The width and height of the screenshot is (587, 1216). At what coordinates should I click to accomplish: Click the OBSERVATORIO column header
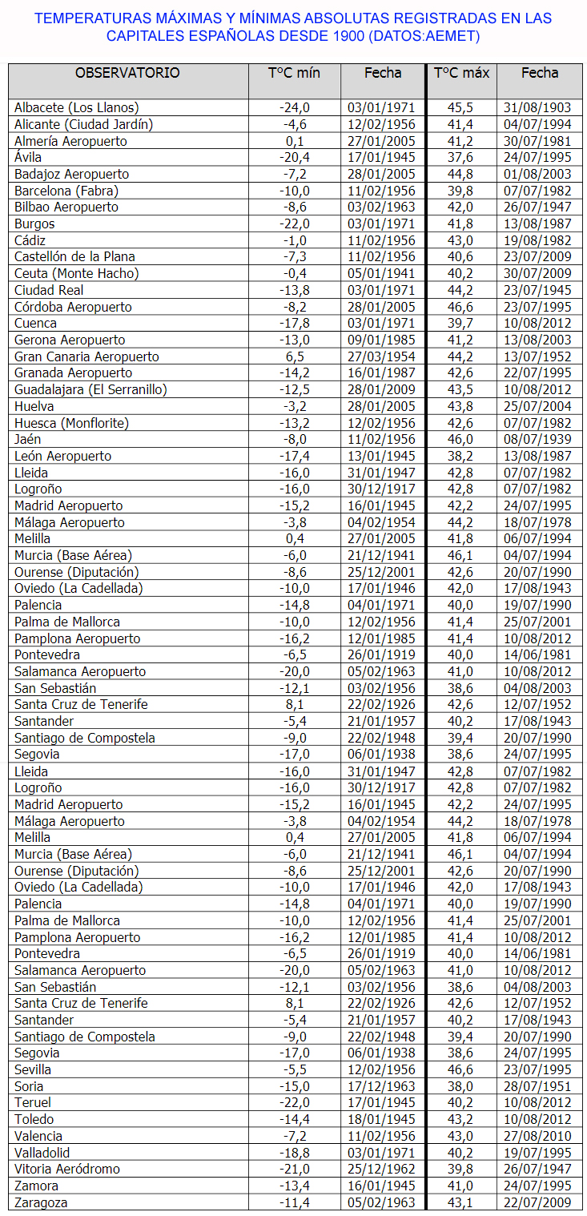[x=127, y=73]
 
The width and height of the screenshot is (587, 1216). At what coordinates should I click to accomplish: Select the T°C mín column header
[x=294, y=73]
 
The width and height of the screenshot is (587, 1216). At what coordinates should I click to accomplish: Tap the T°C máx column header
[x=461, y=73]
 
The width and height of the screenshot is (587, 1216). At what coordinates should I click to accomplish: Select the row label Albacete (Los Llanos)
[x=77, y=107]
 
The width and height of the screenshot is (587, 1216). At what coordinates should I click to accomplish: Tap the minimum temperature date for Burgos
[x=381, y=223]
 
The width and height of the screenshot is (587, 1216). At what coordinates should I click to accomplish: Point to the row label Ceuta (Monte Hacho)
[x=77, y=273]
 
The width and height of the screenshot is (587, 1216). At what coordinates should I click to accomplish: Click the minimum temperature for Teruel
[x=294, y=1103]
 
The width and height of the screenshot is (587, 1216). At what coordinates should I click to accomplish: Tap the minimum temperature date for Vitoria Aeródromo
[x=381, y=1169]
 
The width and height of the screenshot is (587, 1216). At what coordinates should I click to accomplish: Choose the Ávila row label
[x=28, y=157]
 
